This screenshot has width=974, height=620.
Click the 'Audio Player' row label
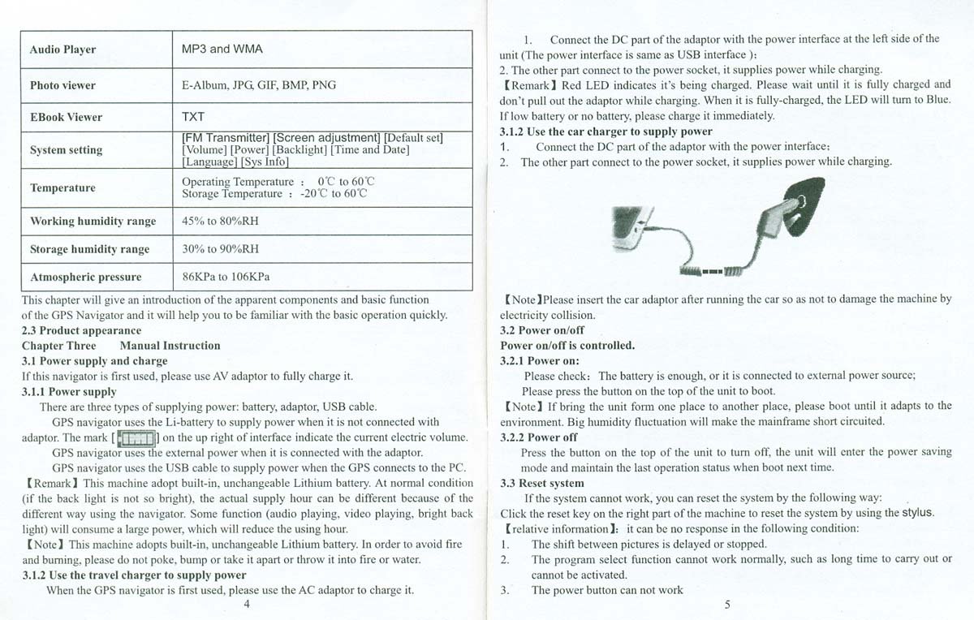coord(62,50)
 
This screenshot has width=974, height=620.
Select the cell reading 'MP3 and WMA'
coord(218,49)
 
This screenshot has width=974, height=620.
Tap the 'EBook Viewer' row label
coord(66,117)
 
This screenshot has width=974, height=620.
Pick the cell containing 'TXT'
coord(193,117)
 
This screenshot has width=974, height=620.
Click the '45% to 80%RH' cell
coord(221,221)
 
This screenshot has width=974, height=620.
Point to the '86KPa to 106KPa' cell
coord(226,277)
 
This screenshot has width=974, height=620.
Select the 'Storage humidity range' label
coord(89,249)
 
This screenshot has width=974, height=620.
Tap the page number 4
coord(246,604)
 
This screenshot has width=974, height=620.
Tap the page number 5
coord(727,604)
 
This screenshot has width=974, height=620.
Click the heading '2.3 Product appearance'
coord(81,330)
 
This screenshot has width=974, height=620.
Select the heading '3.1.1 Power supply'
coord(69,392)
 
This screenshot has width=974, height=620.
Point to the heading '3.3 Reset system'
coord(541,483)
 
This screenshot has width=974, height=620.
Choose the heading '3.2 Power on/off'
coord(541,330)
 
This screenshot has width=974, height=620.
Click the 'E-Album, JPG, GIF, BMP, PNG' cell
coord(259,85)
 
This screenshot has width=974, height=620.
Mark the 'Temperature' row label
coord(62,188)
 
